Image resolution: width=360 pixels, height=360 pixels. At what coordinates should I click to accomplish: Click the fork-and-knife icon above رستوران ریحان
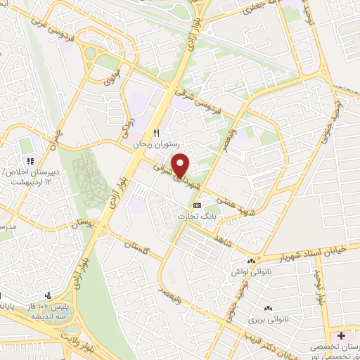[x=157, y=132]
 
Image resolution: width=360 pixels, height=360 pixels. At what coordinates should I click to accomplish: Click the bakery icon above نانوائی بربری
[x=268, y=308]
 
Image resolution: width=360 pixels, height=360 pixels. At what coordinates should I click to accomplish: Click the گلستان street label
[x=138, y=246]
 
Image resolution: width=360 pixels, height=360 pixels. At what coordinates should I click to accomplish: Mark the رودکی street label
[x=127, y=124]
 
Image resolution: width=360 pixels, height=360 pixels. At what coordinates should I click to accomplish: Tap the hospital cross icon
[x=342, y=335]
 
